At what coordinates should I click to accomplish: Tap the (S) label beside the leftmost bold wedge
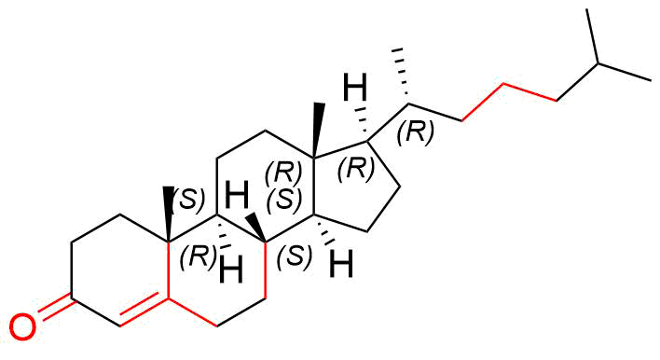tap(190, 200)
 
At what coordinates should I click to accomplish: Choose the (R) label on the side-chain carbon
tap(415, 133)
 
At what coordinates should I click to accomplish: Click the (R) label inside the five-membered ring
tap(356, 170)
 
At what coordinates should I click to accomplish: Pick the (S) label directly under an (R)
tap(284, 200)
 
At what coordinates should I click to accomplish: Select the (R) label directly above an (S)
tap(283, 173)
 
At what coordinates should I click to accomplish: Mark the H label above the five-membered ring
tap(356, 88)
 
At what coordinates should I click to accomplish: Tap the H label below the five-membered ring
tap(341, 264)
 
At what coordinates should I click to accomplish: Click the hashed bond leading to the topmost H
tap(362, 123)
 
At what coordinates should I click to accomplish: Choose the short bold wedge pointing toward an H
tap(256, 228)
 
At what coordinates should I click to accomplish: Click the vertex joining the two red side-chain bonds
tap(503, 84)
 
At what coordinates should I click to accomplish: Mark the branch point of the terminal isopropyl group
tap(598, 64)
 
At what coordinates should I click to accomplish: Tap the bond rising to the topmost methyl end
tap(592, 36)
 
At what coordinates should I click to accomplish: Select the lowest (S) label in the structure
tap(296, 256)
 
